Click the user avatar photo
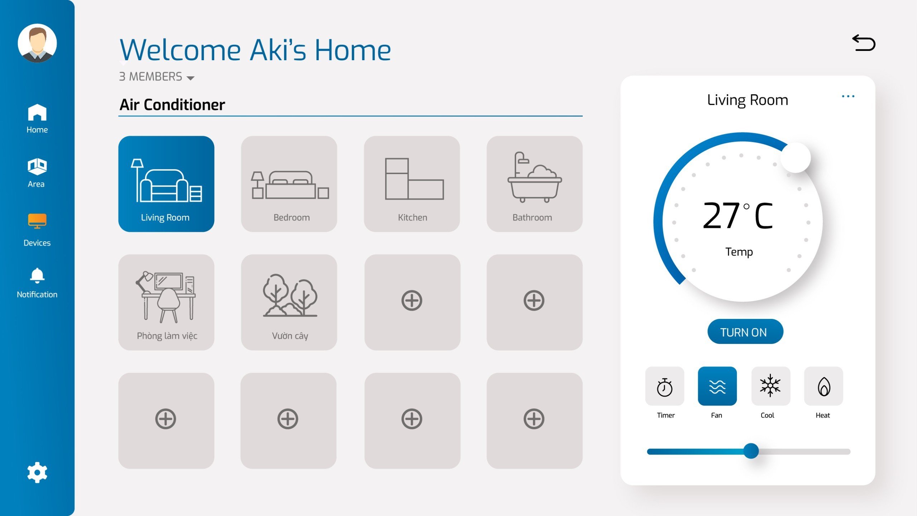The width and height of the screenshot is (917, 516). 37,43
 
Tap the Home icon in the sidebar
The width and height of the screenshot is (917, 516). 37,113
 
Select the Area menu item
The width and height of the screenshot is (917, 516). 37,173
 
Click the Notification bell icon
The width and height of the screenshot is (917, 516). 37,276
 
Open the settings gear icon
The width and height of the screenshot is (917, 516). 37,473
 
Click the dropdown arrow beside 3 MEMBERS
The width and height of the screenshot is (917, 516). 191,78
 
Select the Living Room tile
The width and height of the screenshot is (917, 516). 166,184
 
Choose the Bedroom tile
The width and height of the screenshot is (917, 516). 289,184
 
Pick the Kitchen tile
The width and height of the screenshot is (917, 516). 412,184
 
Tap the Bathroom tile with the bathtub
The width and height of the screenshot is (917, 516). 534,184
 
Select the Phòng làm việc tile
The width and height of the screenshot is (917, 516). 166,302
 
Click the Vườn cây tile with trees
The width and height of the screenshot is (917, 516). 289,302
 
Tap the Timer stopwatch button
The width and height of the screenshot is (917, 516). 665,387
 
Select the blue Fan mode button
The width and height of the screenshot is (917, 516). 717,386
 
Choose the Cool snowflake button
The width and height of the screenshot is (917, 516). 770,386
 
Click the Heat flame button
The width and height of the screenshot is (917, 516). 824,386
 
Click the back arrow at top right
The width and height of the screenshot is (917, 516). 864,43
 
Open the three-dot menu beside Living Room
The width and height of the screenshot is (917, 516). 848,96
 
